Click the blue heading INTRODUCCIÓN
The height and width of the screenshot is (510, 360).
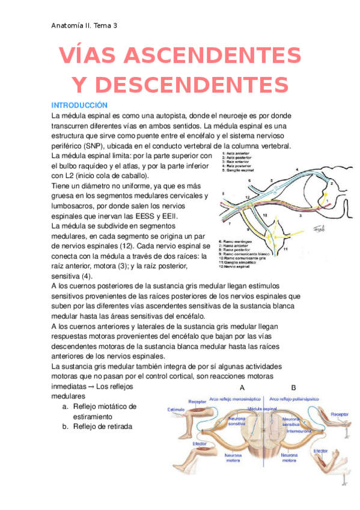(x=79, y=105)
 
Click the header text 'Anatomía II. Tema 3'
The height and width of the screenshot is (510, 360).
(x=84, y=25)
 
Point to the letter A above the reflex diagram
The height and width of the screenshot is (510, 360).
(x=242, y=388)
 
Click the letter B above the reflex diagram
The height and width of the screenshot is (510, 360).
(x=293, y=388)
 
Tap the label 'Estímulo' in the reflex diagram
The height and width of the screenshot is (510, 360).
(x=175, y=409)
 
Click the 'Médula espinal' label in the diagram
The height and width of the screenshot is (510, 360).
(x=262, y=408)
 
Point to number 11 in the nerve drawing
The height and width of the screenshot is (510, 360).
(x=285, y=248)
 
